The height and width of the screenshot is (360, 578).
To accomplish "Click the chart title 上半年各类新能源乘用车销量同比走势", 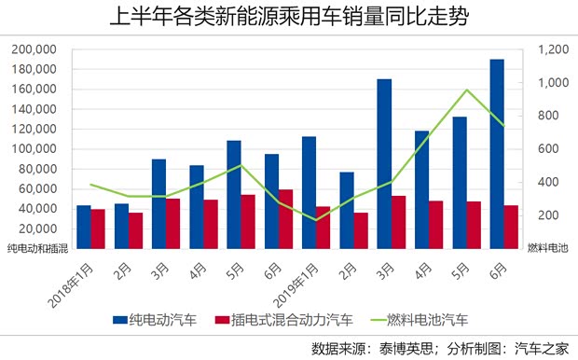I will (x=288, y=17).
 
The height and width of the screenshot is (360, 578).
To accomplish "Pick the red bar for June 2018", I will (x=285, y=219).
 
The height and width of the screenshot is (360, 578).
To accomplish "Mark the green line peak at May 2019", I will (x=466, y=90).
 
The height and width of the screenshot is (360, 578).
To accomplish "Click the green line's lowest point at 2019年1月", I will (x=315, y=220).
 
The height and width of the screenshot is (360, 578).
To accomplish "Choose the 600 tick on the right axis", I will (x=542, y=149).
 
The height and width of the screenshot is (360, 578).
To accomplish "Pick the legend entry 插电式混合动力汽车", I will (x=283, y=320).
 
